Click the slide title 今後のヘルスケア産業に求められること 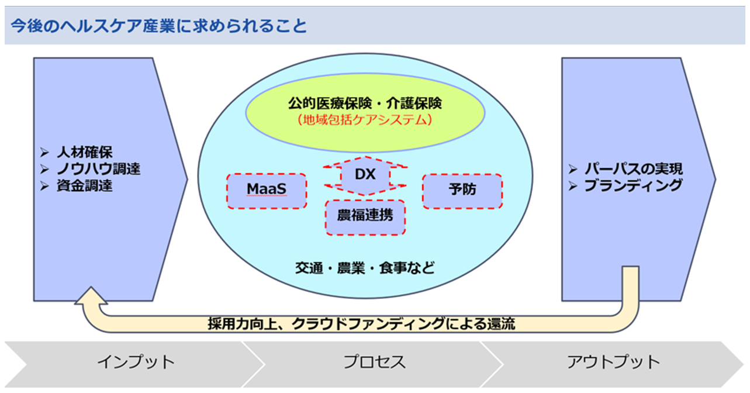click(158, 26)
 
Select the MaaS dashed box click(267, 191)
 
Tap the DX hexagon click(365, 175)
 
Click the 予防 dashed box click(462, 191)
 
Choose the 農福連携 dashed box click(365, 218)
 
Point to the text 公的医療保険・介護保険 click(365, 103)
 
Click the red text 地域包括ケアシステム click(365, 120)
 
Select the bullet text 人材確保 click(85, 152)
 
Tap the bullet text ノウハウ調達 click(98, 169)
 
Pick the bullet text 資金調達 click(85, 185)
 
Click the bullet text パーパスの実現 click(634, 169)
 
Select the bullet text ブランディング click(634, 185)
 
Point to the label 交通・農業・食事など click(365, 268)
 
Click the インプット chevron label click(136, 362)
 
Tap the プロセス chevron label click(375, 362)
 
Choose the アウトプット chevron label click(613, 362)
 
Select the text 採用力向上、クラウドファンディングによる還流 click(361, 323)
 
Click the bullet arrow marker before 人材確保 click(44, 153)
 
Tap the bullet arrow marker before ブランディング click(573, 186)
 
